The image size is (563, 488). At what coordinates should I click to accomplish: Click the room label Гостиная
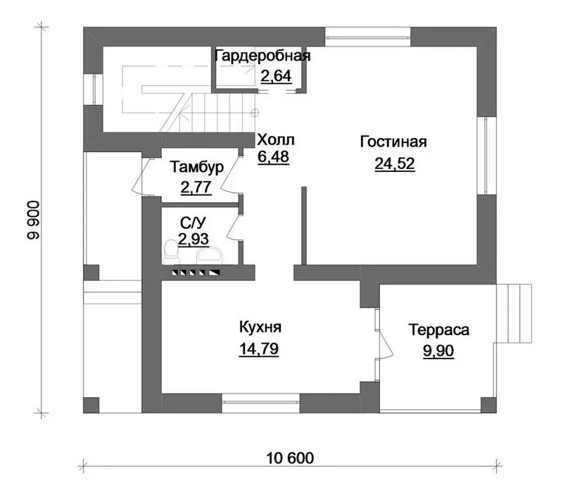(x=393, y=142)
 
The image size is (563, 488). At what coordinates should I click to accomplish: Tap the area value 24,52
(x=395, y=163)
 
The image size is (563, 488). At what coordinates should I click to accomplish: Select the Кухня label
(x=260, y=327)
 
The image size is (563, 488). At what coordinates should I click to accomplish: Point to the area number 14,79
(x=258, y=349)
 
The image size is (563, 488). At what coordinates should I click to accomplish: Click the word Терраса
(x=438, y=330)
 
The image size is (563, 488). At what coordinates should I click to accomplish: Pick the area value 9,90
(x=438, y=351)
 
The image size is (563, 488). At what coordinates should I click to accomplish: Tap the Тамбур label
(x=196, y=167)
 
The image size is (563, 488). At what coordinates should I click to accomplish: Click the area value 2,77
(x=196, y=187)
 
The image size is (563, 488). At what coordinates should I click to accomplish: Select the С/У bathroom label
(x=193, y=223)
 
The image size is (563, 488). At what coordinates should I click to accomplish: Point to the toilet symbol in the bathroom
(x=171, y=252)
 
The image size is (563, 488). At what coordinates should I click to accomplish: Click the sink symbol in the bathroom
(x=209, y=255)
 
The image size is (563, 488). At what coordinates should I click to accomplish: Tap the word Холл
(x=276, y=140)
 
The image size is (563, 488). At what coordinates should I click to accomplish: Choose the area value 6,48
(x=273, y=157)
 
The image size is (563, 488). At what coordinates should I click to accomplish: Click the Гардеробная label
(x=262, y=56)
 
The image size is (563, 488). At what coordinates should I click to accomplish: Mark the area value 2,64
(x=276, y=76)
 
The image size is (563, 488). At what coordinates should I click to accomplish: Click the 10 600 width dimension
(x=290, y=458)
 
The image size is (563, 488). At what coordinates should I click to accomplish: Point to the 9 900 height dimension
(x=33, y=220)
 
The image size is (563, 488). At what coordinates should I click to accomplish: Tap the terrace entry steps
(x=514, y=313)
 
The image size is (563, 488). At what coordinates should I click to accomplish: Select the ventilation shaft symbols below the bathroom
(x=196, y=273)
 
